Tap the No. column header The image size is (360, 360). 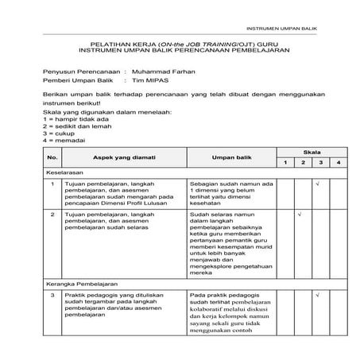click(x=53, y=157)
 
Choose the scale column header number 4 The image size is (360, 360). click(x=338, y=162)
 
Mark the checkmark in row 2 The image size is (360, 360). click(x=298, y=215)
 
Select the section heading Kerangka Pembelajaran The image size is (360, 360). click(x=82, y=282)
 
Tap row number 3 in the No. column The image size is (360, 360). click(x=52, y=296)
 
